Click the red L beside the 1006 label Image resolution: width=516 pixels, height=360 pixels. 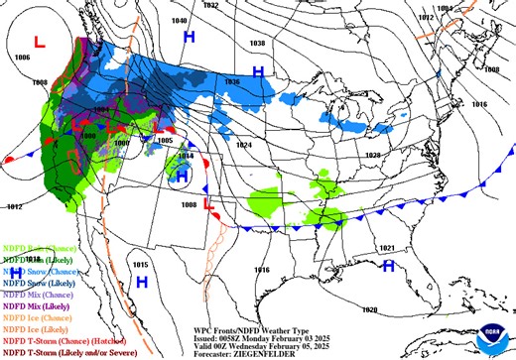(40, 43)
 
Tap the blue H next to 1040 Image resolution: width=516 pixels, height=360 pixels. (189, 37)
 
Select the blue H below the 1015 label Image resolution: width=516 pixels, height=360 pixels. (141, 283)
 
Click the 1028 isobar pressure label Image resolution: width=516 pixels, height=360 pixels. (373, 156)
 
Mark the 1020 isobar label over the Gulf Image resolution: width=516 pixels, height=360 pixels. (369, 310)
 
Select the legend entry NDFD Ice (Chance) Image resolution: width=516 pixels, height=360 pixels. (30, 317)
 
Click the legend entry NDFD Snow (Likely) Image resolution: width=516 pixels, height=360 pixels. (31, 283)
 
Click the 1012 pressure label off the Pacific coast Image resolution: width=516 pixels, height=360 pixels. (13, 206)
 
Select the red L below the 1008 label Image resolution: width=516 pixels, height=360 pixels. (209, 204)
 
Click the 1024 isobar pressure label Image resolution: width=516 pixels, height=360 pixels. (244, 145)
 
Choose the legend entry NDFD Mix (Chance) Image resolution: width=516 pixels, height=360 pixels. (30, 295)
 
